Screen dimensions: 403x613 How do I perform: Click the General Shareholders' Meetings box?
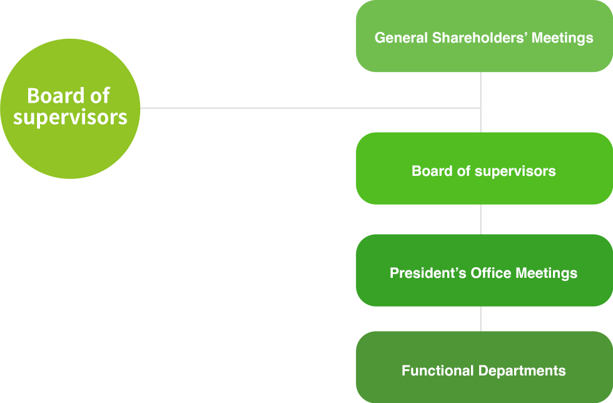484,37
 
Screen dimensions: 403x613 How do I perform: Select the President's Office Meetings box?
484,270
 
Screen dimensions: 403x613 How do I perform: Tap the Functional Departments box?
484,367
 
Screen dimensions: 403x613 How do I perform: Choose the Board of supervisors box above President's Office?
484,168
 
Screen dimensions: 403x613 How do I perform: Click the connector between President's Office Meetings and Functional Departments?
480,319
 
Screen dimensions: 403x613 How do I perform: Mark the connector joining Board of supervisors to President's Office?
480,219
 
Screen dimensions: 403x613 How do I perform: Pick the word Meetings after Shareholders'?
562,38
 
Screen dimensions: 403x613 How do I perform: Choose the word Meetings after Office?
546,273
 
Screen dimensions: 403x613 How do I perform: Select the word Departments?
521,371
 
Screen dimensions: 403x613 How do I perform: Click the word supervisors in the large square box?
70,118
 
